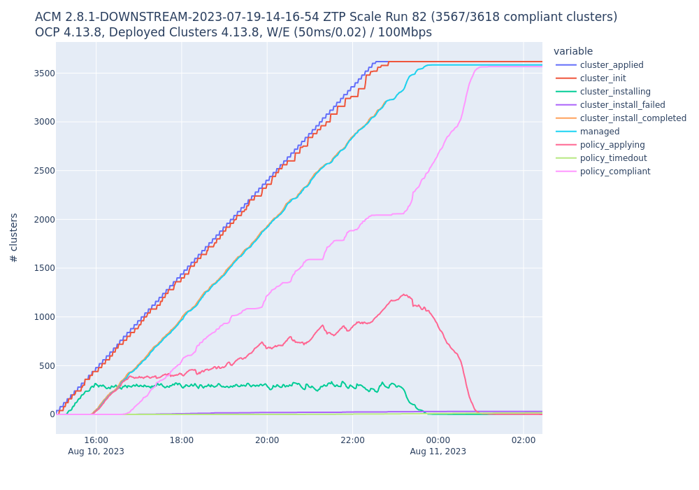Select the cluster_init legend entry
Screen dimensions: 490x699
click(x=603, y=78)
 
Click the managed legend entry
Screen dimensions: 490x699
click(x=599, y=132)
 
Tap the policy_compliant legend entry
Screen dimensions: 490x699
click(x=615, y=171)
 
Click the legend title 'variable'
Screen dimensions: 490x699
click(x=573, y=51)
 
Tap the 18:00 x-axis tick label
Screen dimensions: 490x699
click(x=182, y=440)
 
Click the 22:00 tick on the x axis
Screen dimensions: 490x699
click(x=352, y=440)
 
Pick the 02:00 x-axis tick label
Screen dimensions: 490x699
click(x=524, y=440)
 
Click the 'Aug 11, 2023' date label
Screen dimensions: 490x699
click(x=438, y=451)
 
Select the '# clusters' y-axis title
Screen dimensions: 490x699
click(x=14, y=238)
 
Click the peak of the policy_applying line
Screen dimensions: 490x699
click(x=404, y=295)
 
